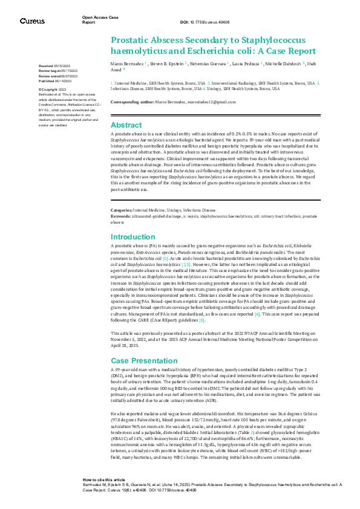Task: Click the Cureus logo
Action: [x=31, y=21]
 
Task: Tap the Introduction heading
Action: [x=133, y=238]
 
